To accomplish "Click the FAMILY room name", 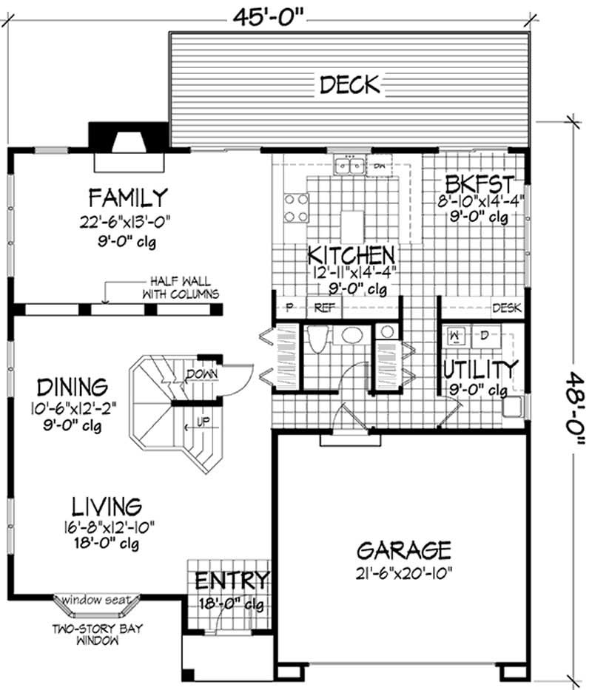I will (x=128, y=197).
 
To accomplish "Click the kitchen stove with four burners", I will (x=296, y=207).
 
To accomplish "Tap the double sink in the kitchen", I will (x=349, y=166).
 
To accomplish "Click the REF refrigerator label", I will (x=324, y=308).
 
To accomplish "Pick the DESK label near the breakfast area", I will (x=507, y=308).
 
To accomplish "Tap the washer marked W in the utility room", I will (x=457, y=337).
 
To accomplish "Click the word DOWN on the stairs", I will (x=201, y=374).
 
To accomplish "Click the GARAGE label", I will (x=403, y=550).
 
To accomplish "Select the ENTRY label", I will (x=231, y=580).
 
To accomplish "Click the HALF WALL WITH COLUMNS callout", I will (x=180, y=288).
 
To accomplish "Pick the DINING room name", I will (x=73, y=387).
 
